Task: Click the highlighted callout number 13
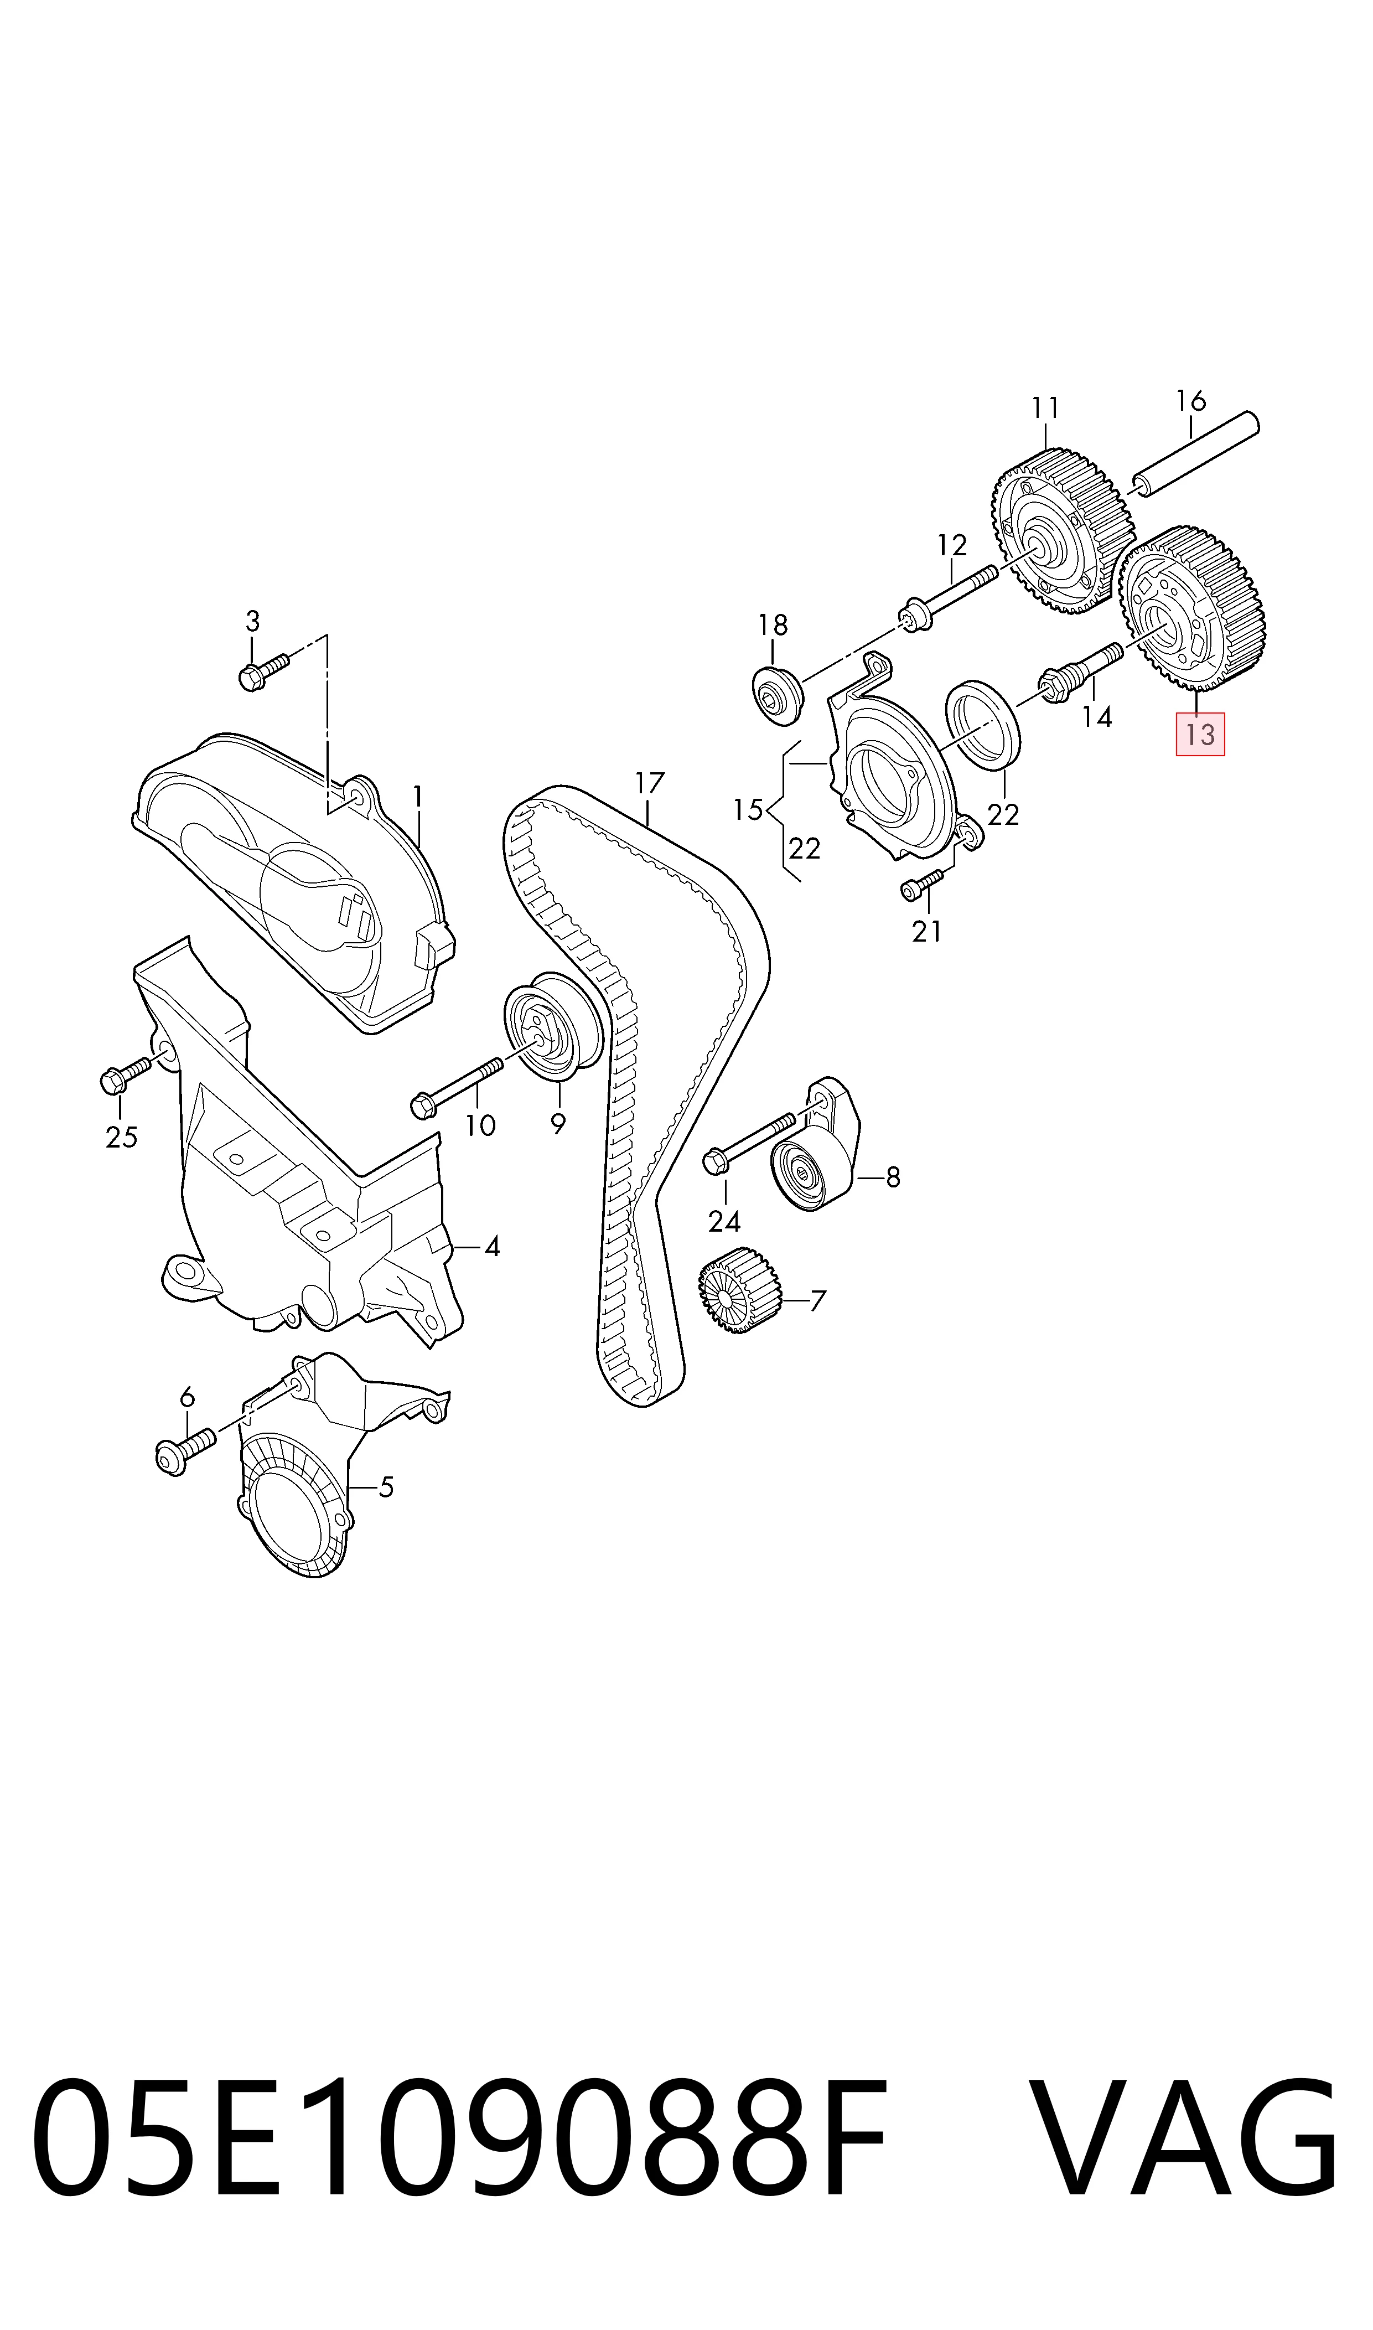pos(1200,735)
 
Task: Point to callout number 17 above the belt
pos(650,783)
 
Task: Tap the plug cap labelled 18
pos(776,694)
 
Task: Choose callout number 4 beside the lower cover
pos(492,1247)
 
